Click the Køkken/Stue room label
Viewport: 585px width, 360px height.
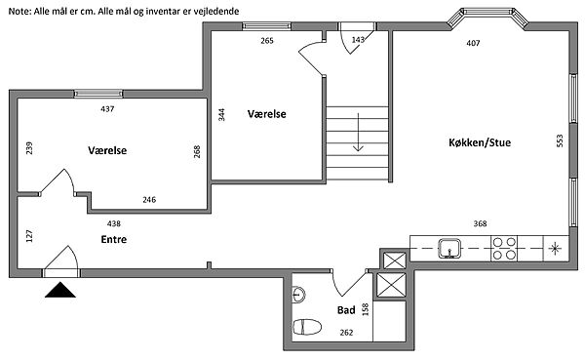click(x=480, y=142)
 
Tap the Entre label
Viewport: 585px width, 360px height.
click(x=114, y=239)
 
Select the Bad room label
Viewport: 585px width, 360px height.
click(x=346, y=310)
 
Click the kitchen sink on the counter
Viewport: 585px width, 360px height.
click(x=449, y=249)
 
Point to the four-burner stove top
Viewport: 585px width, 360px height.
click(x=504, y=249)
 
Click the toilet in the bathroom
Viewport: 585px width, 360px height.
click(x=307, y=327)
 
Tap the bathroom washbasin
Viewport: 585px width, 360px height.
click(x=298, y=295)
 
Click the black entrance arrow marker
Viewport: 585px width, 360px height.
click(x=60, y=290)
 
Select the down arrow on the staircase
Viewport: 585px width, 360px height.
click(x=358, y=132)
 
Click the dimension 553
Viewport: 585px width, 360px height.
click(x=560, y=140)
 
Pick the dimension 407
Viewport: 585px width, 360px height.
click(x=473, y=43)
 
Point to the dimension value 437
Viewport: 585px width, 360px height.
click(x=107, y=109)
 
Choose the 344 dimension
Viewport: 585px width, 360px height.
click(x=221, y=115)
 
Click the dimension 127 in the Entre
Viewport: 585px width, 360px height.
click(x=29, y=236)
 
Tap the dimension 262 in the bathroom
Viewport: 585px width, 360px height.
click(x=346, y=333)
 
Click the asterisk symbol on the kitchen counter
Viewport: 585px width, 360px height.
click(x=556, y=249)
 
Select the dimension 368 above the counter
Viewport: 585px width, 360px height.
click(x=480, y=223)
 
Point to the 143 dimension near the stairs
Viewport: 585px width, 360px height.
click(x=358, y=39)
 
